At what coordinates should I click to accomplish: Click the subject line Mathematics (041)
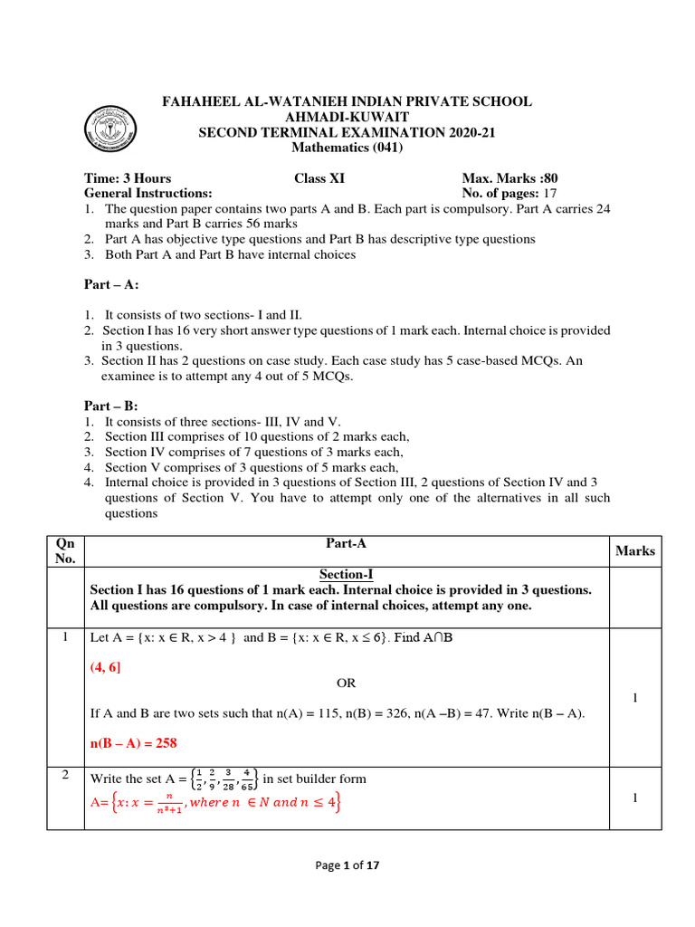click(x=347, y=148)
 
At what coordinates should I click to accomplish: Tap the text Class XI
click(x=321, y=178)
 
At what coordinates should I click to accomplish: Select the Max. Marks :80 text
click(x=516, y=178)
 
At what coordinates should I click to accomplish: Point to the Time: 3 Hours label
click(x=128, y=178)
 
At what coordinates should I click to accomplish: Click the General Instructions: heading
click(x=148, y=193)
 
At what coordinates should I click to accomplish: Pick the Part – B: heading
click(x=111, y=407)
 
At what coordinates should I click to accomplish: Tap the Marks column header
click(x=634, y=550)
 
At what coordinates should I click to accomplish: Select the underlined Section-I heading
click(x=347, y=574)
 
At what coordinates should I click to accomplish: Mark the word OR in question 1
click(x=347, y=683)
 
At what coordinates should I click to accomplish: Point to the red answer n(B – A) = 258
click(x=133, y=743)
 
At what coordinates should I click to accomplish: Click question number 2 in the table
click(x=64, y=777)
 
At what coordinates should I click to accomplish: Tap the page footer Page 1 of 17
click(x=347, y=865)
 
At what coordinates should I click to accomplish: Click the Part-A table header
click(x=346, y=543)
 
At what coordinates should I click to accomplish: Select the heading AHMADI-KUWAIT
click(x=347, y=118)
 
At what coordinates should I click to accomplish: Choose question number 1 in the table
click(x=64, y=637)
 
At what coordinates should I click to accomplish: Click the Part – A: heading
click(x=111, y=284)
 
